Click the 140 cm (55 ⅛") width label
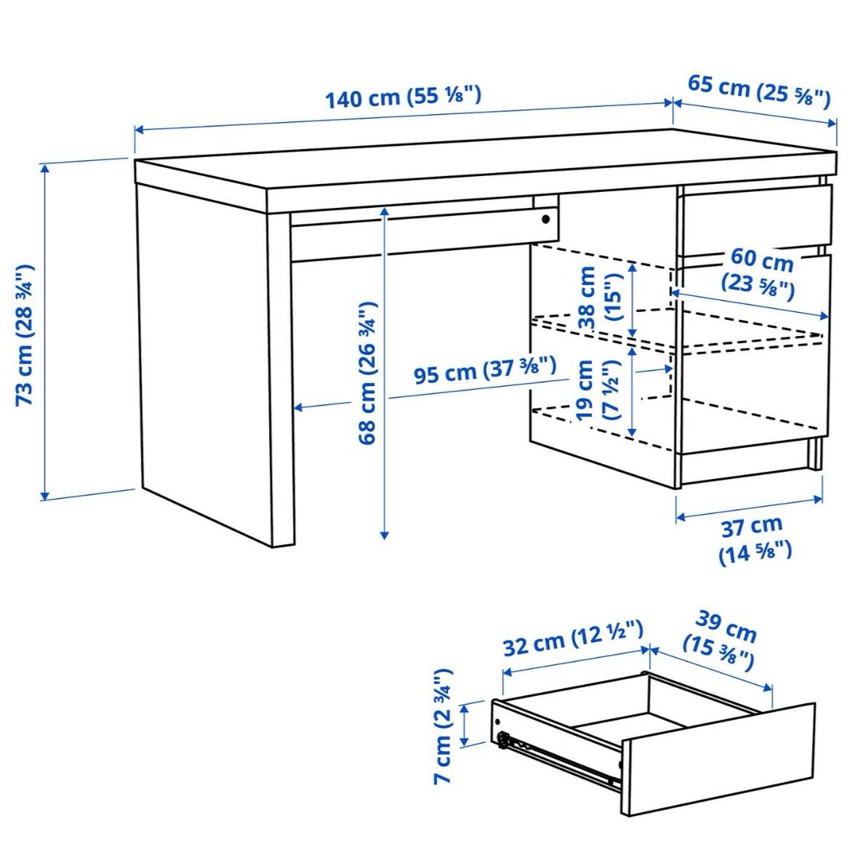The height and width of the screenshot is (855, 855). tap(402, 97)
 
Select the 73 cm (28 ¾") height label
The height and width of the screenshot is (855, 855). tap(25, 335)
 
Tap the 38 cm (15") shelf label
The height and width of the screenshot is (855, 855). tap(598, 298)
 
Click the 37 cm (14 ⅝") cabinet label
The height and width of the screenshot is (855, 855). tap(755, 538)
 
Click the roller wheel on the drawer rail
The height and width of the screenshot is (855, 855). tap(503, 741)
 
